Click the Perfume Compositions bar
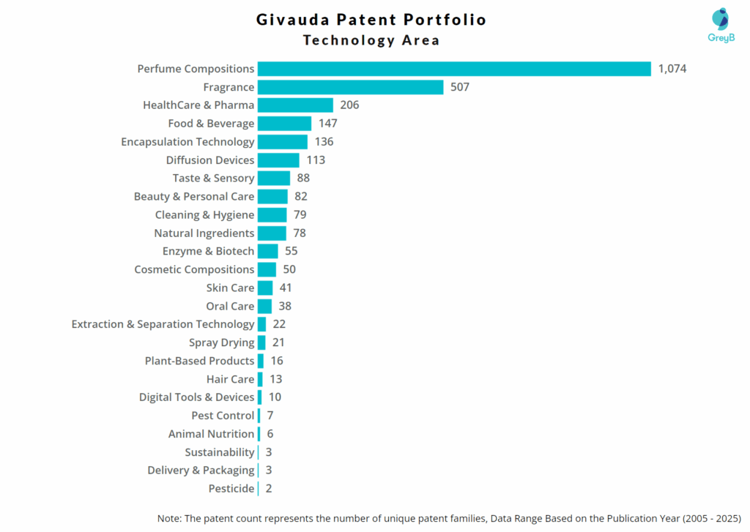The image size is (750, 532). click(x=454, y=69)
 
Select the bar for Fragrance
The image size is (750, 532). click(x=350, y=87)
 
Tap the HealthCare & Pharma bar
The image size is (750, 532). click(x=295, y=105)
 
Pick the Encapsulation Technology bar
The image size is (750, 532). click(x=283, y=142)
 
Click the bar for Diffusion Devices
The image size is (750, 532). click(x=278, y=160)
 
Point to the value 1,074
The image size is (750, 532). click(x=672, y=69)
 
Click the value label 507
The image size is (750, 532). click(x=460, y=87)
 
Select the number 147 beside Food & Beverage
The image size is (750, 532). click(x=327, y=124)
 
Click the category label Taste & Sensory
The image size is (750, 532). click(x=213, y=179)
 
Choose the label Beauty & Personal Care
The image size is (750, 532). click(x=194, y=197)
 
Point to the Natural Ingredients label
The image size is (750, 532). click(x=204, y=233)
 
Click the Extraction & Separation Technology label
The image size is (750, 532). click(x=163, y=324)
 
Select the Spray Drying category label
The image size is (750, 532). click(x=221, y=342)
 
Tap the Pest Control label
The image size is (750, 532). click(x=223, y=416)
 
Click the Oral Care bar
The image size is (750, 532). click(x=264, y=306)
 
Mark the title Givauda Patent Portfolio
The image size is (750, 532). click(x=371, y=19)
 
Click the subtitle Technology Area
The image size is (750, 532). click(x=371, y=40)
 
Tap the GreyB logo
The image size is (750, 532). click(x=720, y=26)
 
